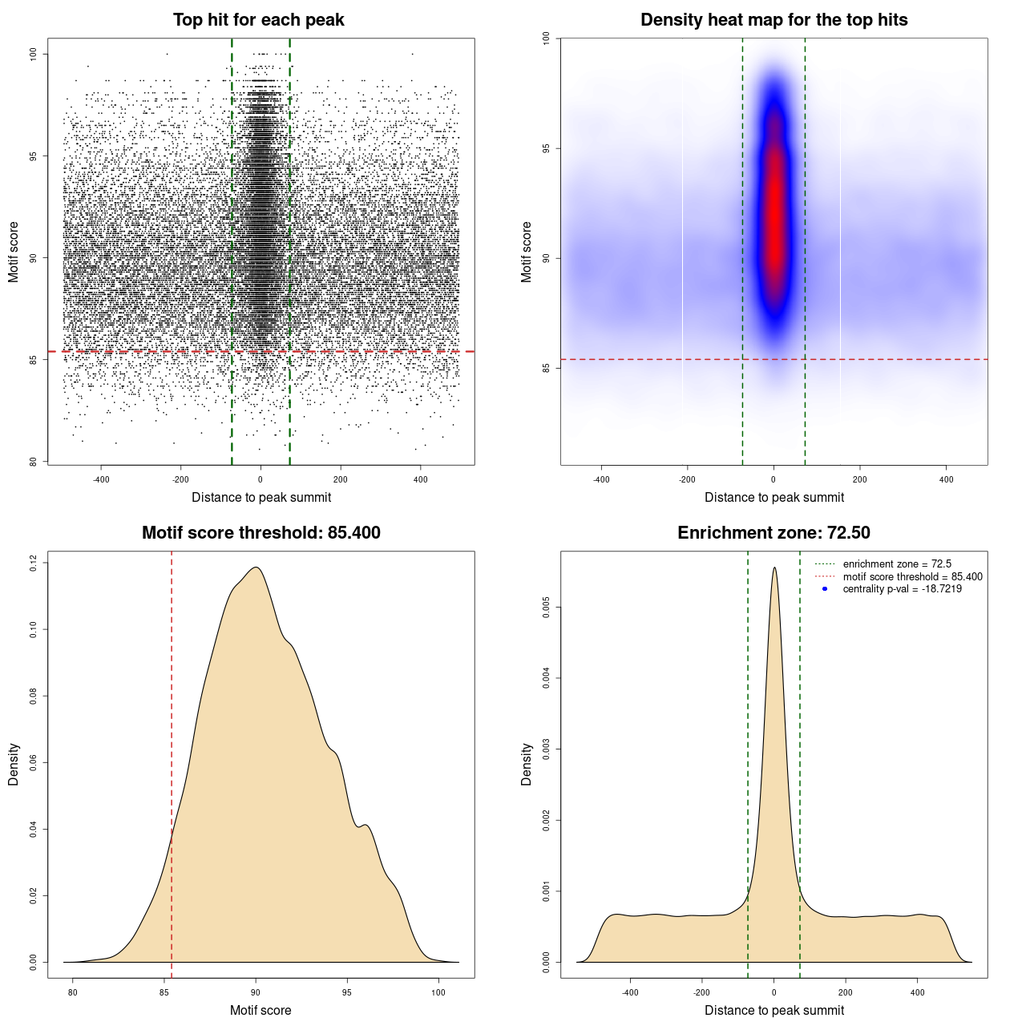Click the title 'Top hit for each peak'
click(258, 20)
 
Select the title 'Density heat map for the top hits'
click(774, 20)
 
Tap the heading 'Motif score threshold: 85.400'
click(261, 533)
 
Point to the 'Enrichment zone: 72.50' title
click(774, 533)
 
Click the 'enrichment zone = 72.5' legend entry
click(897, 564)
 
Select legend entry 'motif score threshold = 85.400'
click(912, 577)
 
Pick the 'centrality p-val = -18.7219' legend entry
click(902, 589)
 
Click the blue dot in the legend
click(825, 589)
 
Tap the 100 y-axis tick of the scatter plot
click(34, 54)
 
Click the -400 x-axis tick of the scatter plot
click(101, 479)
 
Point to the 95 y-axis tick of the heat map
click(547, 148)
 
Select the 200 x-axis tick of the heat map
click(860, 479)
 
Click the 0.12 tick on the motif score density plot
click(34, 563)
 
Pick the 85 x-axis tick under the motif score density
click(164, 992)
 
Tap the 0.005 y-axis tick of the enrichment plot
click(547, 608)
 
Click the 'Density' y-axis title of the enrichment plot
click(527, 764)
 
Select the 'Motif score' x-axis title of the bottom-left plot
click(261, 1010)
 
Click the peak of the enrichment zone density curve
click(774, 568)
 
